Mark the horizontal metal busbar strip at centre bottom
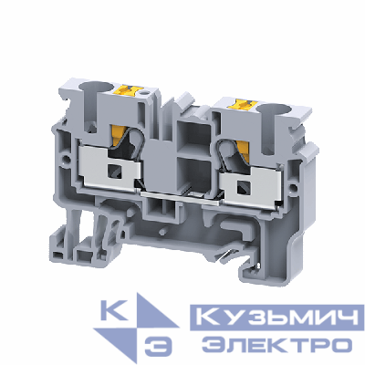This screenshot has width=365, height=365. (182, 195)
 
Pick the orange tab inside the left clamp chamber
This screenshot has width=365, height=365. (127, 140)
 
